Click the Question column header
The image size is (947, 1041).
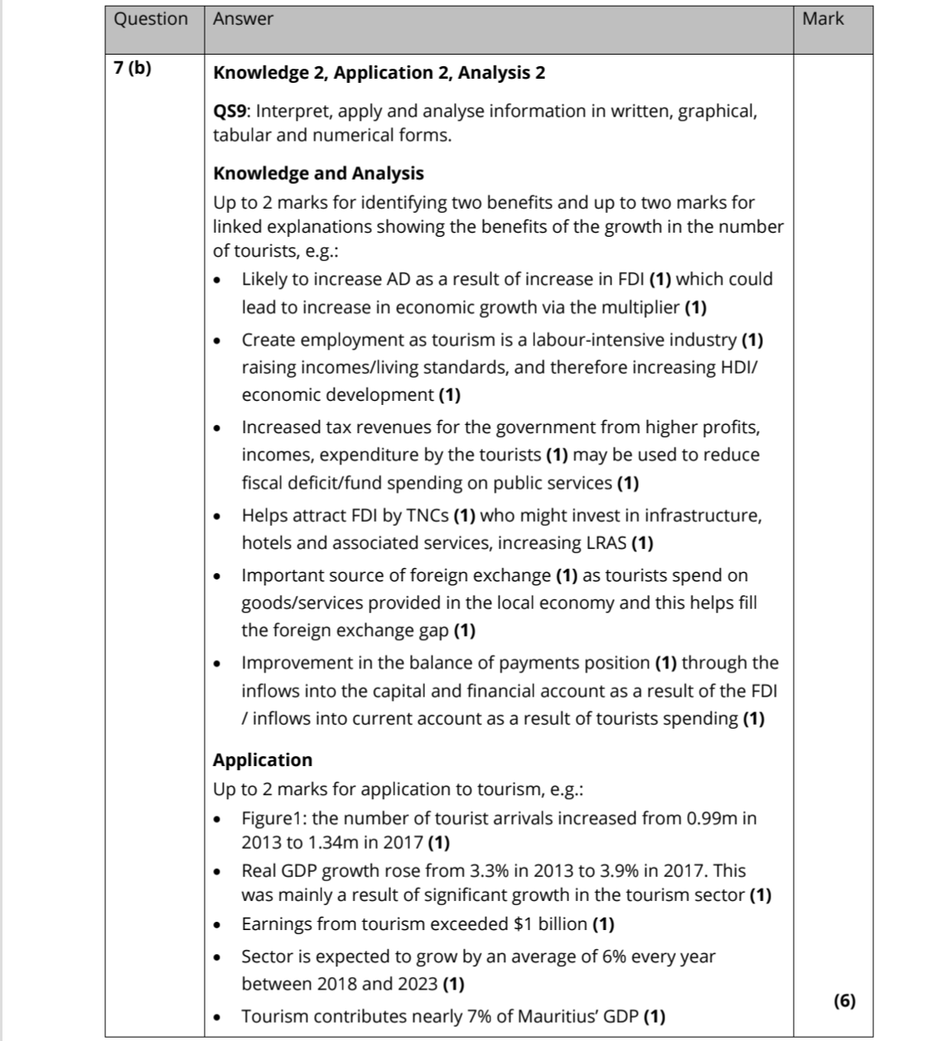[x=151, y=19]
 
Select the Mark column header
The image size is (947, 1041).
[x=823, y=19]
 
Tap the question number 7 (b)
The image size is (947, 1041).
[x=133, y=69]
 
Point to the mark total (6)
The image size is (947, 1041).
[x=844, y=1000]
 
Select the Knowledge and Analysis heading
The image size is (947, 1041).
[x=318, y=173]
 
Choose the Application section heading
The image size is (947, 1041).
[x=263, y=760]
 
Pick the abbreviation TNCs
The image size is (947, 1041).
[x=428, y=515]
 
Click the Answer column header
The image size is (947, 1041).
[x=243, y=19]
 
